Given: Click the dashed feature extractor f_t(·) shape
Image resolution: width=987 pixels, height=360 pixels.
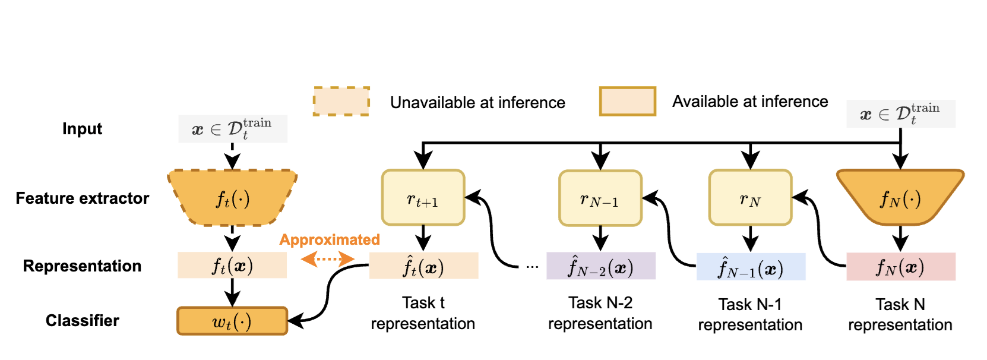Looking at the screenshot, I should tap(232, 198).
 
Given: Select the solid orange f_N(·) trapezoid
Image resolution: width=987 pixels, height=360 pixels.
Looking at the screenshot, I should tap(900, 198).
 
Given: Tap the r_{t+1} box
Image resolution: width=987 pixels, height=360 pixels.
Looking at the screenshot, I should tap(423, 198).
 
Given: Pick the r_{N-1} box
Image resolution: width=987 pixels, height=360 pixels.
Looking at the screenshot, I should tap(600, 198).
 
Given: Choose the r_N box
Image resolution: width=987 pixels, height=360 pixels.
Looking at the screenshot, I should tap(750, 198).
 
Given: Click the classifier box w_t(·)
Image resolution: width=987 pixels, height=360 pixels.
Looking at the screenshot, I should tap(232, 321).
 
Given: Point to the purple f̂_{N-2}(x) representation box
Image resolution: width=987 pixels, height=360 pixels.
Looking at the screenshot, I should tap(600, 266).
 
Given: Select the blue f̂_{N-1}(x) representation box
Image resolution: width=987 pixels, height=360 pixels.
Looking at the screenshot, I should tap(751, 267).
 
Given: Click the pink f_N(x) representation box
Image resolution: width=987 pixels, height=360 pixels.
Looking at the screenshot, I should tap(900, 267).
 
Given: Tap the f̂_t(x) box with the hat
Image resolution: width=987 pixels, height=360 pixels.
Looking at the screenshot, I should tap(423, 266).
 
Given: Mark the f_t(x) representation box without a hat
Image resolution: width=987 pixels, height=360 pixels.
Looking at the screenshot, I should tap(232, 266).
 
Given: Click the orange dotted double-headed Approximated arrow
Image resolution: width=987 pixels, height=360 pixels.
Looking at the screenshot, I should tap(327, 258).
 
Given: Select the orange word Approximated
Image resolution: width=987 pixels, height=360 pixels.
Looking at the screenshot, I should tap(330, 239).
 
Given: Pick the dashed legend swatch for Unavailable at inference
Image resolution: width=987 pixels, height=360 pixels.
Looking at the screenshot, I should tap(341, 101).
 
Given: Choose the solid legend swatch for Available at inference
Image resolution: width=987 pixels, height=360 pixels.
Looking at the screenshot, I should tap(627, 101).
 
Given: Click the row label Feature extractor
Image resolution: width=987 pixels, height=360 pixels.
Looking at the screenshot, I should tap(83, 198).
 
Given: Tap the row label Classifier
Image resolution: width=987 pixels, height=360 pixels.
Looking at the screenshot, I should tap(83, 321).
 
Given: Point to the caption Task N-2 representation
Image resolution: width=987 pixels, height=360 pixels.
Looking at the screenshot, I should tap(600, 313).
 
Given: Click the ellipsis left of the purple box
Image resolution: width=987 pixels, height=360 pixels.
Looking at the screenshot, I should tap(532, 267).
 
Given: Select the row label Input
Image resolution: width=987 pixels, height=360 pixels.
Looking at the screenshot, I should tap(82, 129).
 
